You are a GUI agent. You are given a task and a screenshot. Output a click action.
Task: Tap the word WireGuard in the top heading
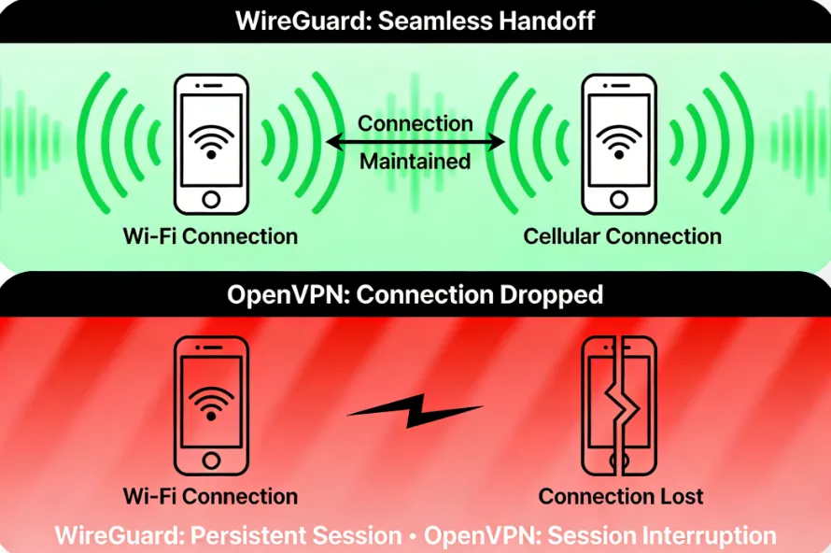304,21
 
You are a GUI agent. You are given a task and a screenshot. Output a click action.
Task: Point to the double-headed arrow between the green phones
415,142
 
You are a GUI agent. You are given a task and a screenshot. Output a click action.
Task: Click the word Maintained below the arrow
415,162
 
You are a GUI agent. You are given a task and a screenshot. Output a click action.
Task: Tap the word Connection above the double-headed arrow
415,123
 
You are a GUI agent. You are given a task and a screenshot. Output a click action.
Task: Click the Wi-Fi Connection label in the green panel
210,236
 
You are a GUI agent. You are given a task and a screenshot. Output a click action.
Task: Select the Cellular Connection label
622,236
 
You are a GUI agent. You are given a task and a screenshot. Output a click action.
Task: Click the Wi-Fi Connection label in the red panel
210,496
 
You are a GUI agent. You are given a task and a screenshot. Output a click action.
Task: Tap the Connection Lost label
621,496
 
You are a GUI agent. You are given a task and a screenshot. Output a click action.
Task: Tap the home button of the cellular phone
619,199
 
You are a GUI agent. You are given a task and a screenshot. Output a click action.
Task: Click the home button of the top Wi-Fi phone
212,199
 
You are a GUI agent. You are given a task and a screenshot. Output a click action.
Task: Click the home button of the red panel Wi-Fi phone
212,460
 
